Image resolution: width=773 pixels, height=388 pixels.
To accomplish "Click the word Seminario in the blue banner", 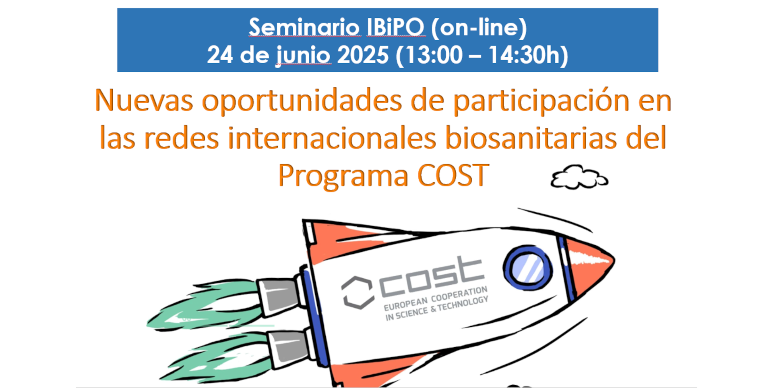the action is (x=304, y=27).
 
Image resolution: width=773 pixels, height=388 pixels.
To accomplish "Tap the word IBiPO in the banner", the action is (x=395, y=27).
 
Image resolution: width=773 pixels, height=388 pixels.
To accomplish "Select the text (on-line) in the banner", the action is (x=479, y=28).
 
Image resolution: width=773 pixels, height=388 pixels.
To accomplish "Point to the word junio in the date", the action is (x=304, y=56).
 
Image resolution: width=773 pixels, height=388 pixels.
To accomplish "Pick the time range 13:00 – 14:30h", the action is (x=482, y=55).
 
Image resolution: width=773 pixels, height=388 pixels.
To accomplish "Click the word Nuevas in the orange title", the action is (x=144, y=100).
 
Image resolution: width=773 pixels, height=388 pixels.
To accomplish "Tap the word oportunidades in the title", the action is (x=302, y=101).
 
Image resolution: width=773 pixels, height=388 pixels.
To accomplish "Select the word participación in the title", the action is (x=541, y=101).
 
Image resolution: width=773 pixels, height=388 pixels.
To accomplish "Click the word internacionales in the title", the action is (x=332, y=138).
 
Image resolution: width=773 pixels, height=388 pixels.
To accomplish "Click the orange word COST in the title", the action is (x=453, y=175).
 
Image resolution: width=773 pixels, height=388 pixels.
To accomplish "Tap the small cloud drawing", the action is (x=579, y=177).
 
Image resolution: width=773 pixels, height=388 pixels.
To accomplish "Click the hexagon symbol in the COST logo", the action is (x=357, y=292).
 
